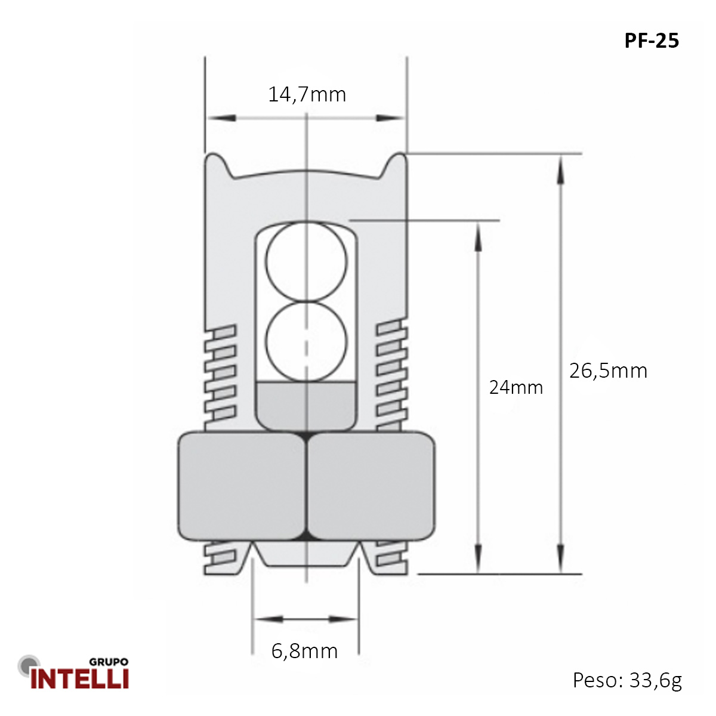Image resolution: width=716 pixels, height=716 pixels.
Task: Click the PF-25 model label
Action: click(x=652, y=41)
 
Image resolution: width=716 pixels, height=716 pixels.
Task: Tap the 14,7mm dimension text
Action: click(x=307, y=94)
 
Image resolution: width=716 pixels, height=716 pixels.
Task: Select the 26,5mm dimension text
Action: click(x=608, y=371)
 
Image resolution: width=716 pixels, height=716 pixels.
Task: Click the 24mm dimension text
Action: click(x=516, y=387)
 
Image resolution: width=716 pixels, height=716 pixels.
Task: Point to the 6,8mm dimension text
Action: click(x=304, y=650)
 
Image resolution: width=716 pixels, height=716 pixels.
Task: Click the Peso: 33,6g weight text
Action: click(x=627, y=680)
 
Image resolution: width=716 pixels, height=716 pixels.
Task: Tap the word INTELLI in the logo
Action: click(x=80, y=678)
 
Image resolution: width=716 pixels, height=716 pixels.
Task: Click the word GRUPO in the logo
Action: click(x=108, y=662)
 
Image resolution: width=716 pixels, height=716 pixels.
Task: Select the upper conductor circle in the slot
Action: click(x=306, y=261)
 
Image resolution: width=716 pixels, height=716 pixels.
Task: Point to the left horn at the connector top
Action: click(x=216, y=162)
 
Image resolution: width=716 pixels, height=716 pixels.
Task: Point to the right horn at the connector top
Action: click(x=396, y=162)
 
